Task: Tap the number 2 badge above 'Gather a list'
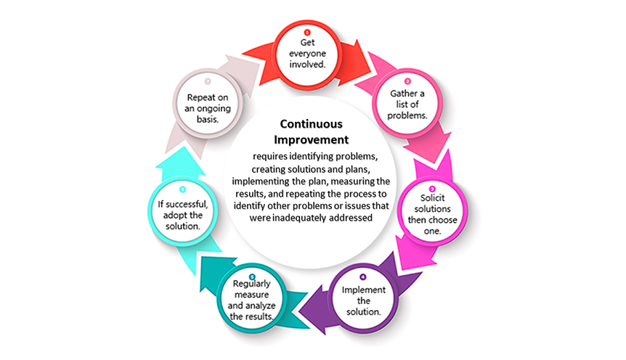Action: (407, 81)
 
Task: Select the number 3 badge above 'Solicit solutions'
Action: (432, 189)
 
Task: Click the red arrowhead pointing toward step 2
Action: (356, 56)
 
